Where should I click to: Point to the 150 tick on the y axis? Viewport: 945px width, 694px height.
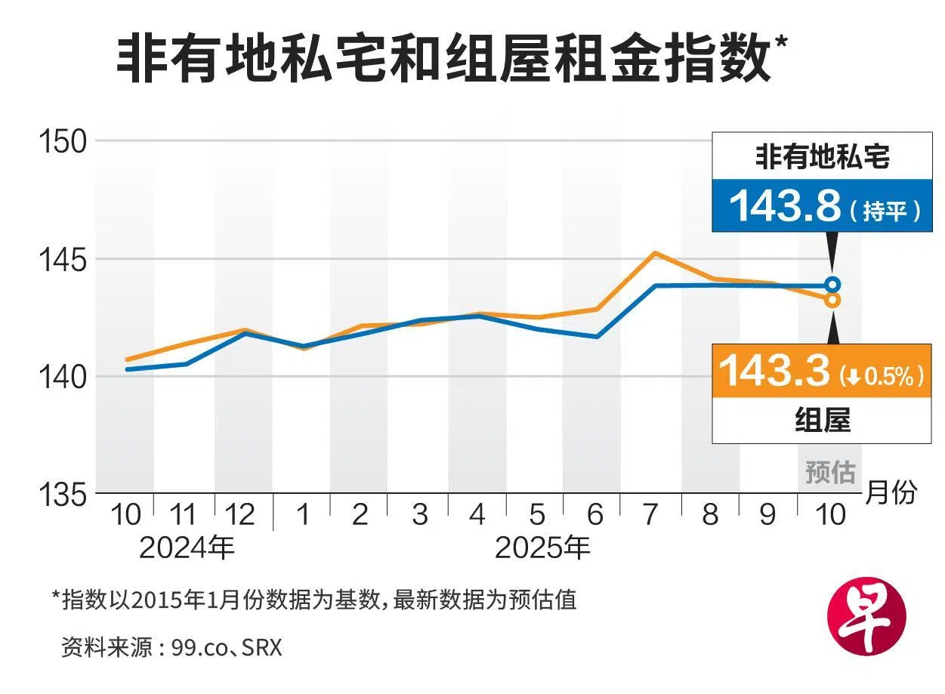(x=65, y=141)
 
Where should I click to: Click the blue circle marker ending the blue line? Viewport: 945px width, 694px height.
(x=832, y=285)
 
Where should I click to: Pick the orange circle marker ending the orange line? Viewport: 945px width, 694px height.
(x=832, y=300)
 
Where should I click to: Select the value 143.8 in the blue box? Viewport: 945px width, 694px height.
(x=785, y=205)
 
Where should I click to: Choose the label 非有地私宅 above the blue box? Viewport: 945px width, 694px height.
(x=823, y=158)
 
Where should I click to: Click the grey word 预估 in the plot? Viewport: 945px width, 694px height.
(x=829, y=473)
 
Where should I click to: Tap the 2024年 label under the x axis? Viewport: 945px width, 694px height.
(x=187, y=548)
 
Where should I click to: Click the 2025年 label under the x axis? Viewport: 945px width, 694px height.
(x=542, y=548)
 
